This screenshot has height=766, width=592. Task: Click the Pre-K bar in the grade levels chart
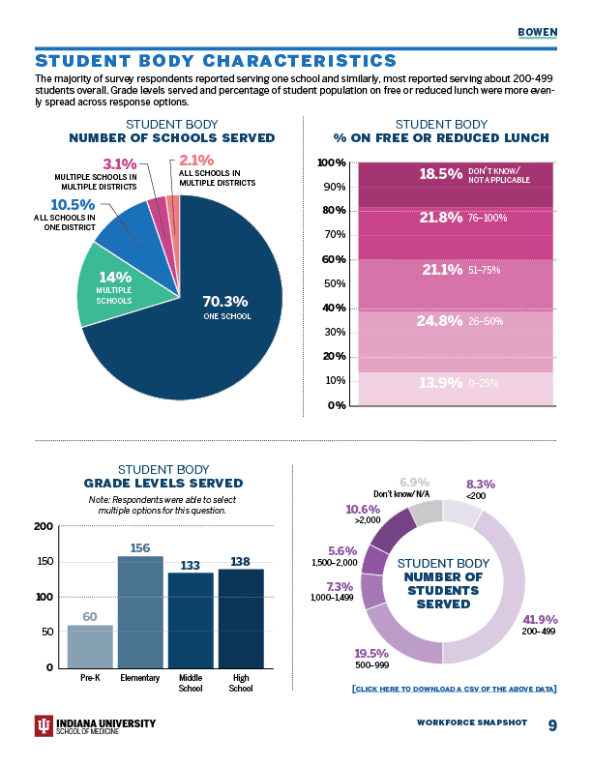point(90,646)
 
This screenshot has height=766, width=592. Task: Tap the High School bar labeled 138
point(241,618)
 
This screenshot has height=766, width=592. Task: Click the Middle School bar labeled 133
point(191,620)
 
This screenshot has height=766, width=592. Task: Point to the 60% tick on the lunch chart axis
point(333,259)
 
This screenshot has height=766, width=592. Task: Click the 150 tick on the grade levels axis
point(42,562)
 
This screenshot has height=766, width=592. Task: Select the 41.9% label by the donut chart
point(540,621)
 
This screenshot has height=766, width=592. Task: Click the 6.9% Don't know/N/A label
point(414,482)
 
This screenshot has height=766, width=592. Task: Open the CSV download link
point(454,689)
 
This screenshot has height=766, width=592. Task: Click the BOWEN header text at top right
point(538,31)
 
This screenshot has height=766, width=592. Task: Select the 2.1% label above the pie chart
point(196,161)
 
